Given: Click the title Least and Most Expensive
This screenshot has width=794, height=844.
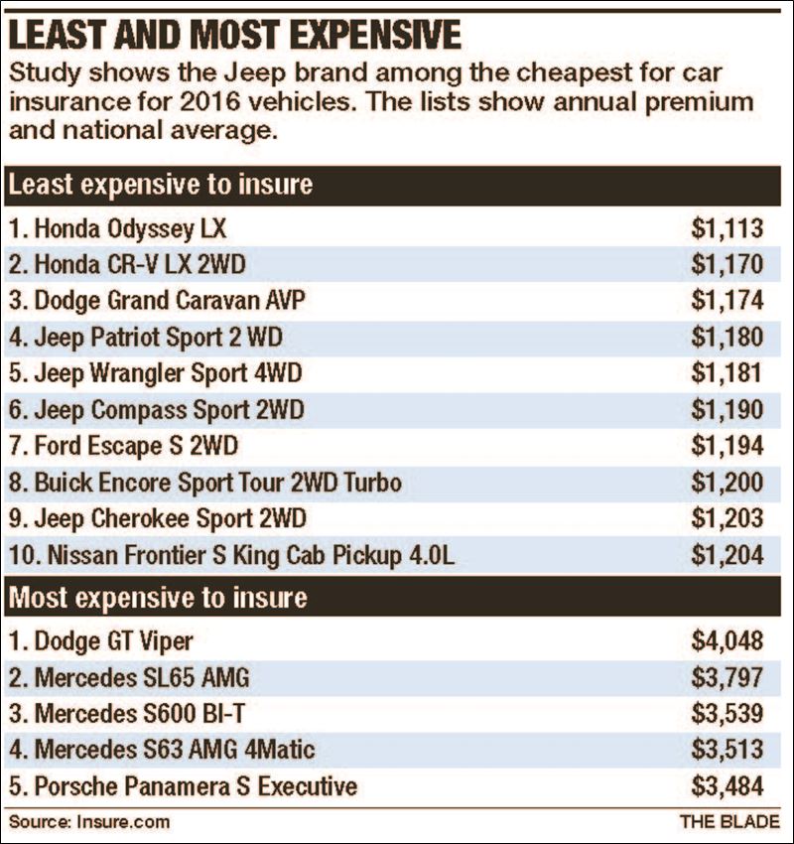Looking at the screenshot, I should pos(235,35).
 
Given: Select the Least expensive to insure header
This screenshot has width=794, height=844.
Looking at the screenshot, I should pos(160,185).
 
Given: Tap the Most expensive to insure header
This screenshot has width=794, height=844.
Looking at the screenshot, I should pos(157,599).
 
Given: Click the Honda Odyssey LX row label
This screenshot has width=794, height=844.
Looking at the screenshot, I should pos(117,229).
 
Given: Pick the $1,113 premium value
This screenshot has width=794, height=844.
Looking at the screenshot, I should pos(728,229).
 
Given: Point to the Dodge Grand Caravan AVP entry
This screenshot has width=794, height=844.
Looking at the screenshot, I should pos(157,301).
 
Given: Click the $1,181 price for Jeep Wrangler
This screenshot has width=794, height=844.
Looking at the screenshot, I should pos(728,373).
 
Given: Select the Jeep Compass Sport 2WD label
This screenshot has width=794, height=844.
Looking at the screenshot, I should pos(156,410).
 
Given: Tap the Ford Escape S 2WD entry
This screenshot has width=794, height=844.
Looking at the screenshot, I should pos(123,446).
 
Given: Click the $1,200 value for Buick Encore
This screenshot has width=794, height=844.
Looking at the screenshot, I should pos(728,483).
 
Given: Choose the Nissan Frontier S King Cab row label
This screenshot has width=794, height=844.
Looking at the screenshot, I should pos(231,555).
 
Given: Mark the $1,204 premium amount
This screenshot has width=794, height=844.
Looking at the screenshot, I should pos(728,555).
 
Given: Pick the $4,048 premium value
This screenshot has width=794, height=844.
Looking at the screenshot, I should pos(728,642).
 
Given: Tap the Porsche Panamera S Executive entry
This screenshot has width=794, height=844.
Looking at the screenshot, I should pos(182,787).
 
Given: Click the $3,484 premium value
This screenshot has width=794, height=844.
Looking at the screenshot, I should pos(728,787).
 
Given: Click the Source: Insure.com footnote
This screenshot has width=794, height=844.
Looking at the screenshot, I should pos(89,822).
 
